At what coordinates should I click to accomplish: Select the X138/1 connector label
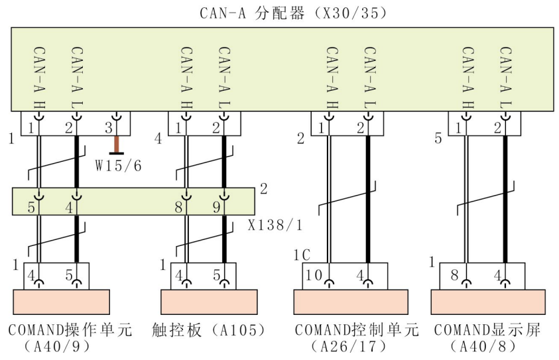tap(275, 225)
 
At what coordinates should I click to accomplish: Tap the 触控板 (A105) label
tap(209, 330)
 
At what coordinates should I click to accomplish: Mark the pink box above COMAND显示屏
tap(488, 302)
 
